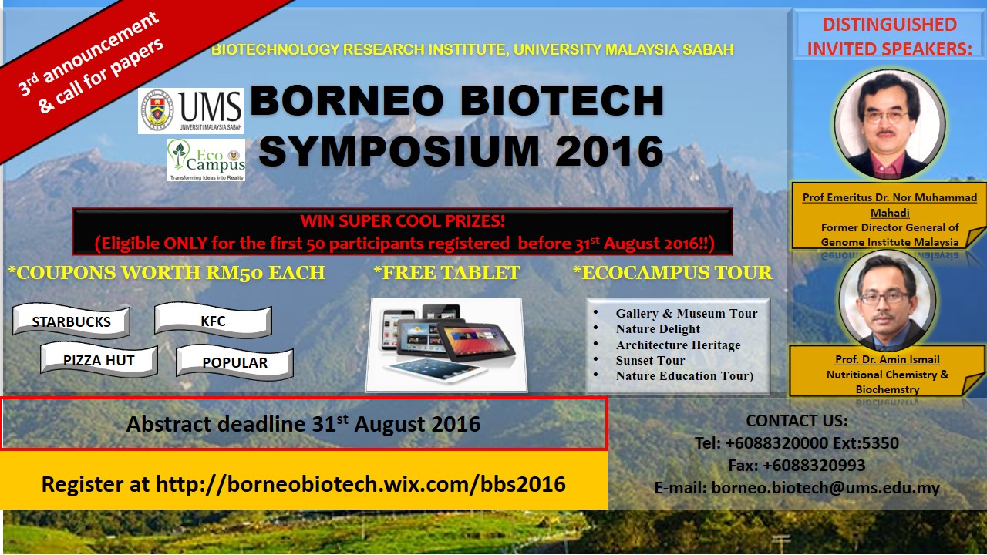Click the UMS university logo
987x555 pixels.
click(190, 110)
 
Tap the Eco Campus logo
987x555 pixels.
click(206, 160)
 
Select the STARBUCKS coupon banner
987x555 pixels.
click(72, 321)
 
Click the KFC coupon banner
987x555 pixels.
click(214, 320)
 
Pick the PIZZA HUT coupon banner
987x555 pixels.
click(99, 360)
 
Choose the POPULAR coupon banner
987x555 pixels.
click(235, 362)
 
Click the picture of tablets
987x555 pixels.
click(446, 345)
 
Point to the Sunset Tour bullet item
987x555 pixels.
click(650, 360)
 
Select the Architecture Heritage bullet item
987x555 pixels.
click(678, 345)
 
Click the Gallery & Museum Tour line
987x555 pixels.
click(686, 313)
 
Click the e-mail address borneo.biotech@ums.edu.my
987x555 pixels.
click(825, 488)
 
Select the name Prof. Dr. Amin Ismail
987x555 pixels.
click(888, 359)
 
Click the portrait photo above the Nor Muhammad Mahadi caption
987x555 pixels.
click(890, 125)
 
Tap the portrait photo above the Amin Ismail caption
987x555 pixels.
click(887, 301)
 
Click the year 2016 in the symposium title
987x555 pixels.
click(609, 151)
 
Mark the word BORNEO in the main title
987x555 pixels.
click(347, 100)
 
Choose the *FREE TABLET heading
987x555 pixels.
click(446, 272)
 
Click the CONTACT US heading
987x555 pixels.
click(797, 421)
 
